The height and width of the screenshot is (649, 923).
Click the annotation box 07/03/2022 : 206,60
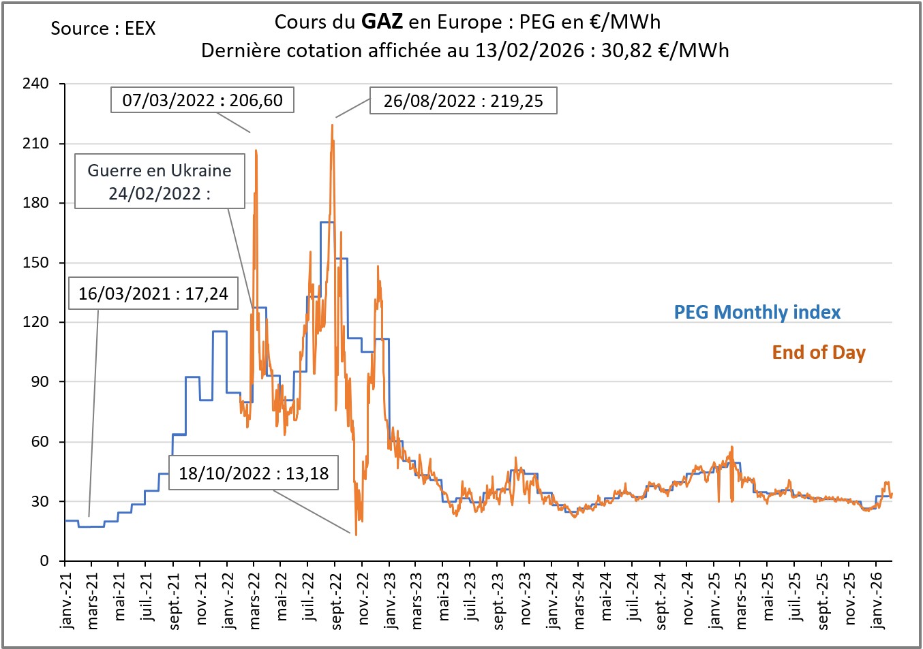pos(202,100)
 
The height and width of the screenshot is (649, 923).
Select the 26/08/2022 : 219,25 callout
pos(463,101)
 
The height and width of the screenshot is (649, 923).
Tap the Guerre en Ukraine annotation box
pos(160,181)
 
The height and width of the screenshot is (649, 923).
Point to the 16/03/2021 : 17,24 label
pos(153,294)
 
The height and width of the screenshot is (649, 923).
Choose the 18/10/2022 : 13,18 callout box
pos(254,473)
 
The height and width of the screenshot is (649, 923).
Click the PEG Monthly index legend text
pos(757,313)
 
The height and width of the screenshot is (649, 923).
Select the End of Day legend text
pos(819,353)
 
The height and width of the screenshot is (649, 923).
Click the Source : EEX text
pos(103,29)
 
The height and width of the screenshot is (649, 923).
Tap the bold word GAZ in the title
pos(382,22)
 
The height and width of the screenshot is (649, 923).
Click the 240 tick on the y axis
pos(35,84)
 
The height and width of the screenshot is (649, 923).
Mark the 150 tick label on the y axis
pos(35,262)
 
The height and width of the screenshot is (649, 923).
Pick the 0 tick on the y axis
pos(44,560)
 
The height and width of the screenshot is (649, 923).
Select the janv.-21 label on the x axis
pos(66,600)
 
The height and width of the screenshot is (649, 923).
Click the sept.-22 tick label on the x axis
pos(336,600)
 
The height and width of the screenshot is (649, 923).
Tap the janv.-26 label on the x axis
pos(877,600)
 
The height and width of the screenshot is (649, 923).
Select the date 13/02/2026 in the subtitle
pos(530,50)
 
